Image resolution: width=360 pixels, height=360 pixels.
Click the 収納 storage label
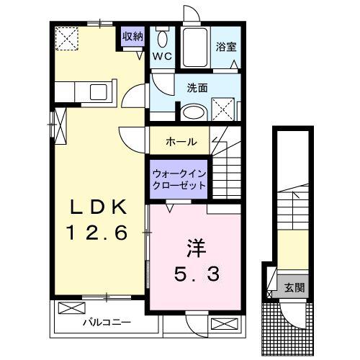coord(132,36)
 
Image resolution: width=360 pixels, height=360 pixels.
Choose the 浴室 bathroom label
coord(226,47)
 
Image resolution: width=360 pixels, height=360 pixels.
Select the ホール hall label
coord(181,141)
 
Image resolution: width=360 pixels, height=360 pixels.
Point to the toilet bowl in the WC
coord(163,40)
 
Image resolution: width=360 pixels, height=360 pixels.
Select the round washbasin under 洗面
coord(192,112)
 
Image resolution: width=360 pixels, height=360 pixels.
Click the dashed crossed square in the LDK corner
coord(69,37)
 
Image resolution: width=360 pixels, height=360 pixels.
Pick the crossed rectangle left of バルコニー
coord(71,309)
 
